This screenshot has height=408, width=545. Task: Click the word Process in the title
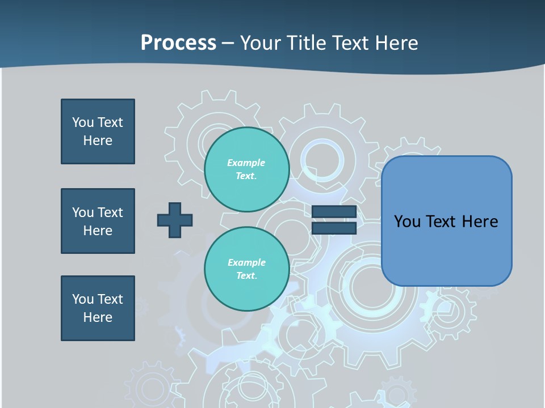point(178,43)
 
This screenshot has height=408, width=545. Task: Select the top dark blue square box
point(98,131)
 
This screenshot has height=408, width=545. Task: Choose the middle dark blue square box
point(98,221)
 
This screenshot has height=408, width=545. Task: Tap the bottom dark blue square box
point(98,308)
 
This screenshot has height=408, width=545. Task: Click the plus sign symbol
point(175,220)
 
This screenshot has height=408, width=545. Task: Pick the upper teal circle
point(246,169)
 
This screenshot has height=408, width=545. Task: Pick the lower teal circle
point(246,269)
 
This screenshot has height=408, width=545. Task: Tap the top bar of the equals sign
point(334,212)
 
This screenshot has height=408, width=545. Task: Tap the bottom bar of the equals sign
point(334,228)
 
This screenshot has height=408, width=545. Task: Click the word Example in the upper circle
point(246,163)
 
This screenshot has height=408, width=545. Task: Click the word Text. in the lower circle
point(246,275)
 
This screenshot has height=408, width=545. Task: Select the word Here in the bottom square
point(98,317)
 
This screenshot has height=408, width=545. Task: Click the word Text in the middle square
point(110,212)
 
